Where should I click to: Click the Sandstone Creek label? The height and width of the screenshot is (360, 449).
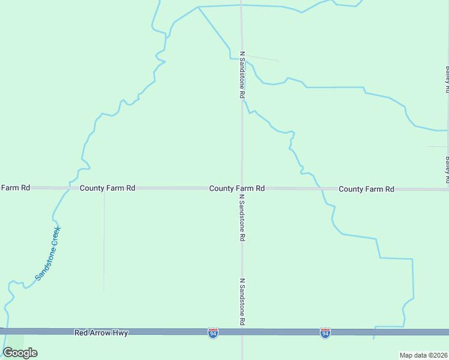pos(48,253)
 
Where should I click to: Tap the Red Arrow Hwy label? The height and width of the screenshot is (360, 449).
pos(101,332)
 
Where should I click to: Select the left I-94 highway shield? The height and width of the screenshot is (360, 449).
pos(212,332)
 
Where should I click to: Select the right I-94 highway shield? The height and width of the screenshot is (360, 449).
pos(325,332)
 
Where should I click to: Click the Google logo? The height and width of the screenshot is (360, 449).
pos(20,352)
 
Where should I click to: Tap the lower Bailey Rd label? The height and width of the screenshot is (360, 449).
pos(447,170)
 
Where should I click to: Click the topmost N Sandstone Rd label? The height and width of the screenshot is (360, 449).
pos(243,75)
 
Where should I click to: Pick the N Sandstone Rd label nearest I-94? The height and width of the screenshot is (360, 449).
pos(243,302)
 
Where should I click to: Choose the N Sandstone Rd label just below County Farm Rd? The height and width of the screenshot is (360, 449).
pos(243,217)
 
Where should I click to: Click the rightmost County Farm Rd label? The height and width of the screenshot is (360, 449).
pos(366,189)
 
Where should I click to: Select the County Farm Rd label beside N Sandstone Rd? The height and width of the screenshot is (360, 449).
pos(237,188)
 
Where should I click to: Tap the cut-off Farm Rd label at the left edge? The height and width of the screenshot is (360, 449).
pos(15,188)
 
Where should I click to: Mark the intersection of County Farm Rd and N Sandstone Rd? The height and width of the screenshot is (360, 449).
pos(243,188)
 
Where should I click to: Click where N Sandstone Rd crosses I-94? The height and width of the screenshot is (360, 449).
pos(243,332)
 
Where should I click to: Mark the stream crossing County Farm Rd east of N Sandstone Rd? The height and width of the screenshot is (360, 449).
pos(321,189)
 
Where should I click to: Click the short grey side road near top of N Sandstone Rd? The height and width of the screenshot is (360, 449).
pos(262,58)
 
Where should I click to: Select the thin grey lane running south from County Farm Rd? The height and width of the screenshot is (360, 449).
pos(104,240)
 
